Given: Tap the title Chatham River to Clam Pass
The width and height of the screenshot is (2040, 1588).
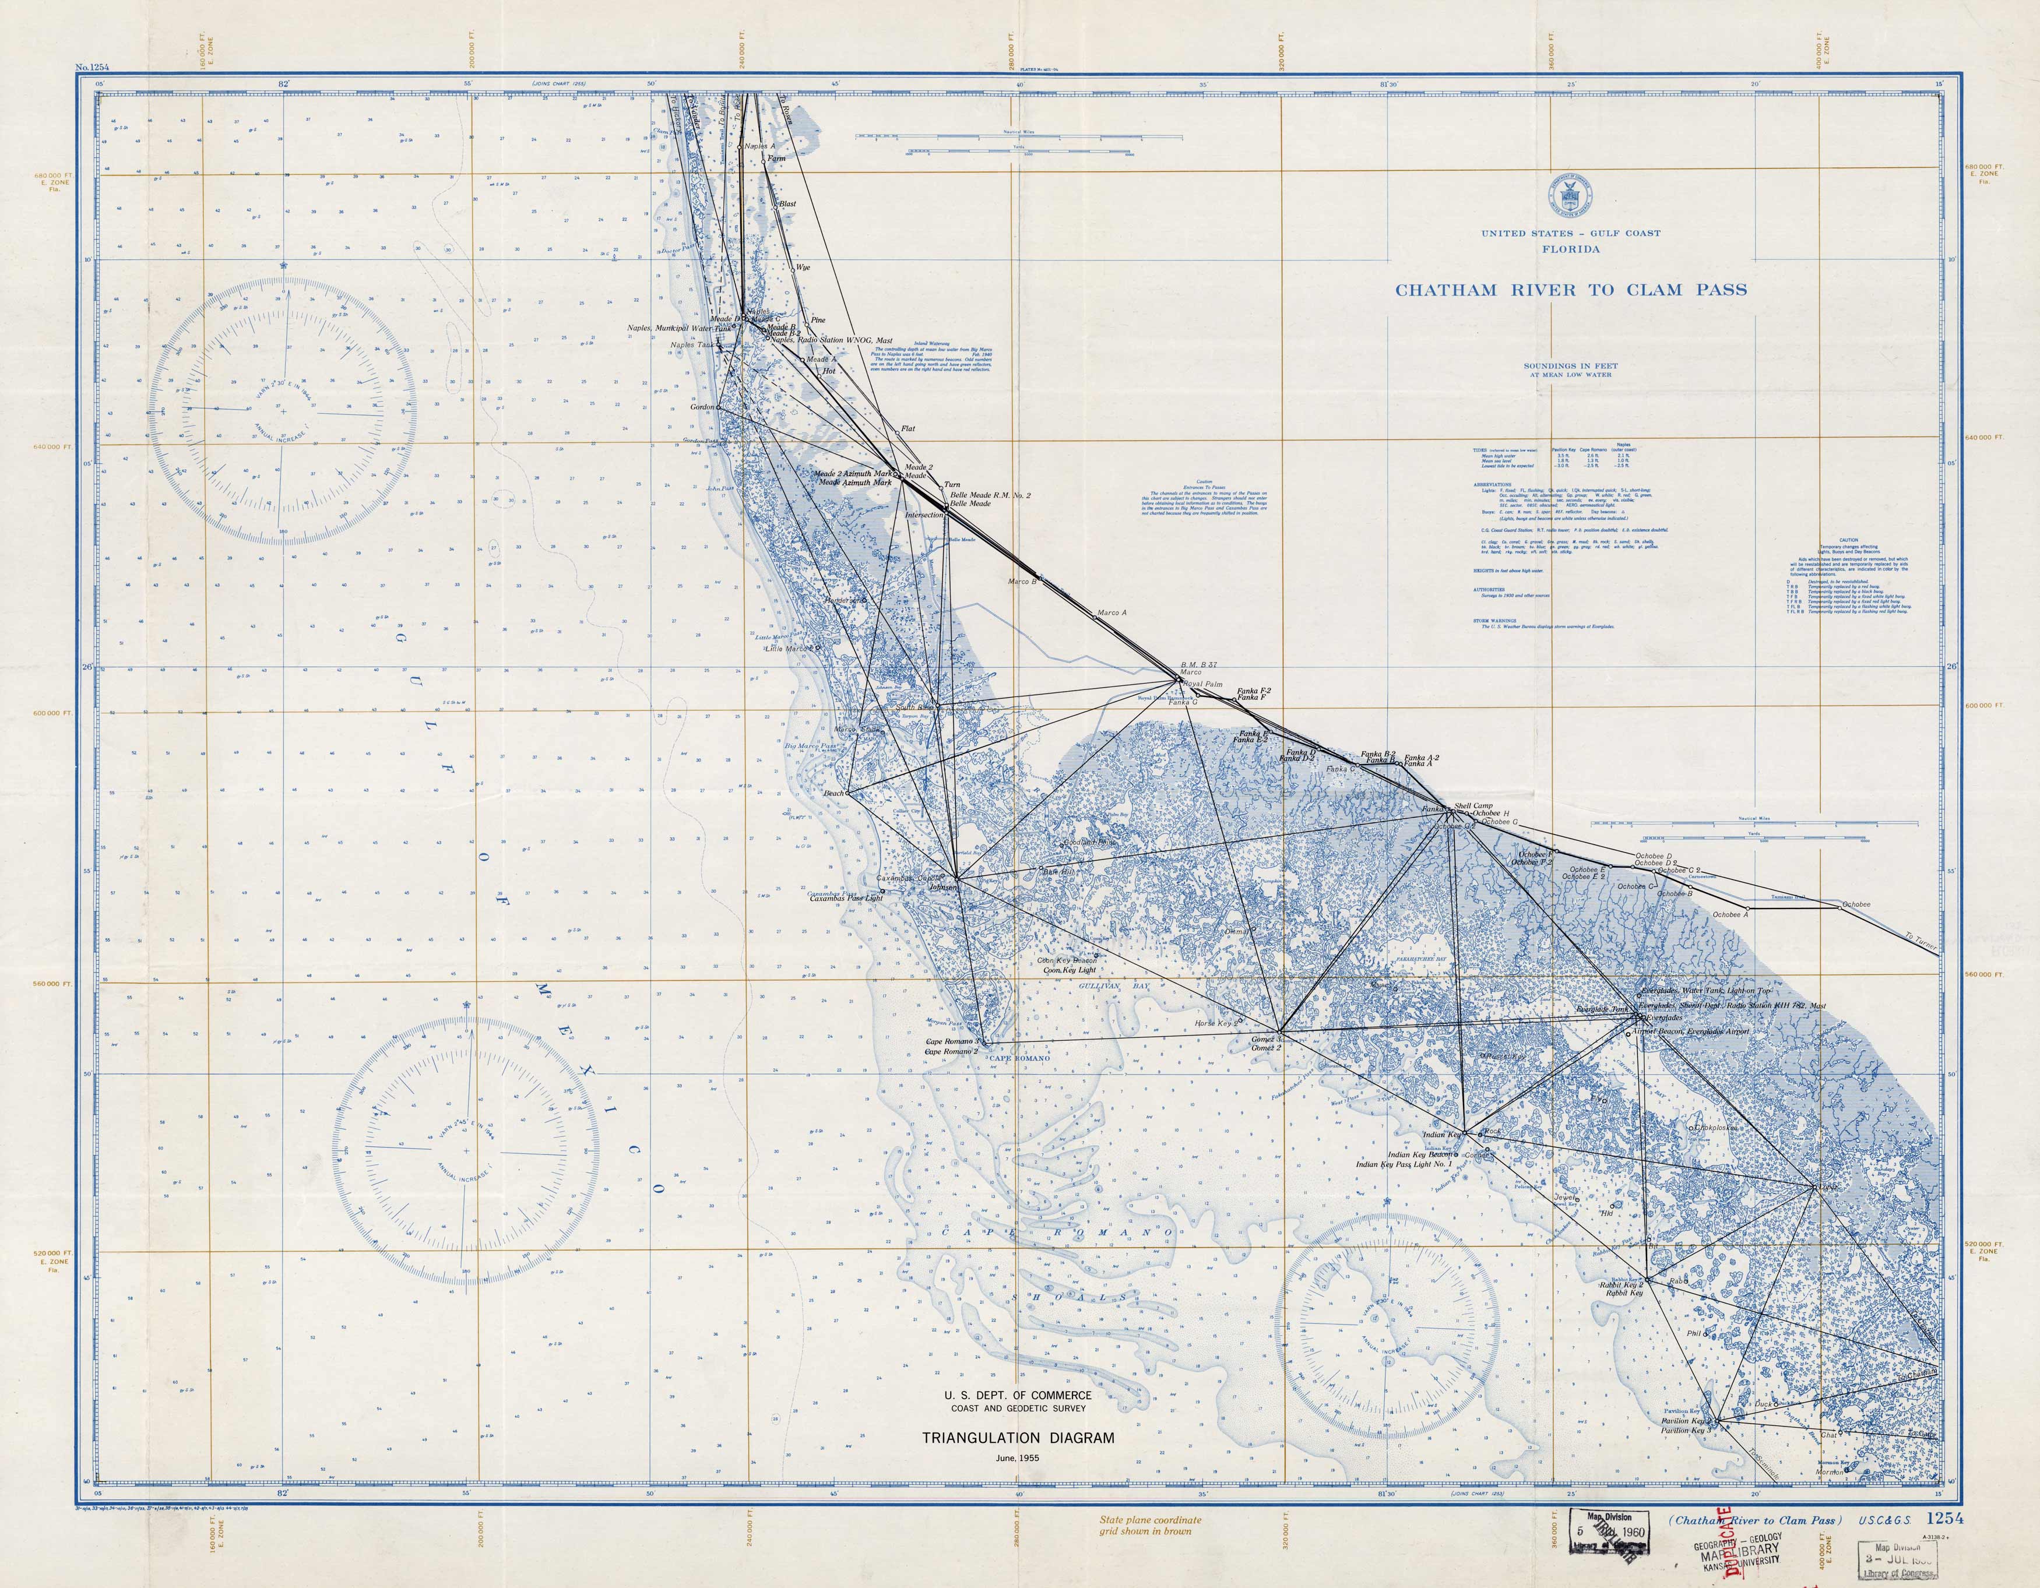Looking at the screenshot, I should tap(1571, 290).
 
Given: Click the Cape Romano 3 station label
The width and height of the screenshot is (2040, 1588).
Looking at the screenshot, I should tap(951, 1041).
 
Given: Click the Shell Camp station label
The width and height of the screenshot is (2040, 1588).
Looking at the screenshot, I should tap(1474, 805).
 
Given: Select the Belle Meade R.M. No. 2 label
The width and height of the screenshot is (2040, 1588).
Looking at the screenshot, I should tap(990, 495).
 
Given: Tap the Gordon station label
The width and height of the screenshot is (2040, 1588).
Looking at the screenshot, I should tap(702, 407).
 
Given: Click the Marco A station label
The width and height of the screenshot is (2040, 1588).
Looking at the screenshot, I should tap(1112, 613).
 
